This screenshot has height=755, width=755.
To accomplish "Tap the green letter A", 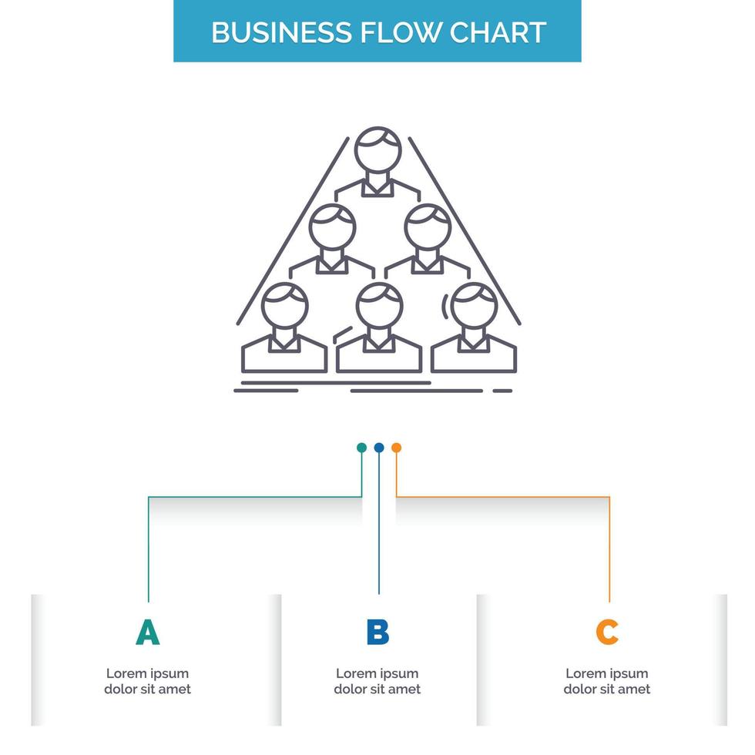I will coord(147,633).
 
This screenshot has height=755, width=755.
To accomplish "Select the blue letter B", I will coord(377,633).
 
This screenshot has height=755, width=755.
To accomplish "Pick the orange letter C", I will coord(607,633).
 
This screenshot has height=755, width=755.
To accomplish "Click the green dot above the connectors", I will coord(361,448).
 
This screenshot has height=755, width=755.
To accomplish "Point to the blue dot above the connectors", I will coord(379,448).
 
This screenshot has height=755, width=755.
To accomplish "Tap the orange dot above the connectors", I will coord(396,448).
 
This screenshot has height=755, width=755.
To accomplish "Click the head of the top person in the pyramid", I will coord(378,151).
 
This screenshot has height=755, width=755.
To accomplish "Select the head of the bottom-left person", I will coord(284,306).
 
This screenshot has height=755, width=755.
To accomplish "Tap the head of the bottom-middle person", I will coord(379,306).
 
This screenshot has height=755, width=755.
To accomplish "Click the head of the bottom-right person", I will coord(474,306).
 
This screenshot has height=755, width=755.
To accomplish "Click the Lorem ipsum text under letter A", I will coord(147,681).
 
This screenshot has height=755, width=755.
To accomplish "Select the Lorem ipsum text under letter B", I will coord(377,681).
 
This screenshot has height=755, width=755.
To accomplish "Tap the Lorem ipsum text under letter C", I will coord(607,681).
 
